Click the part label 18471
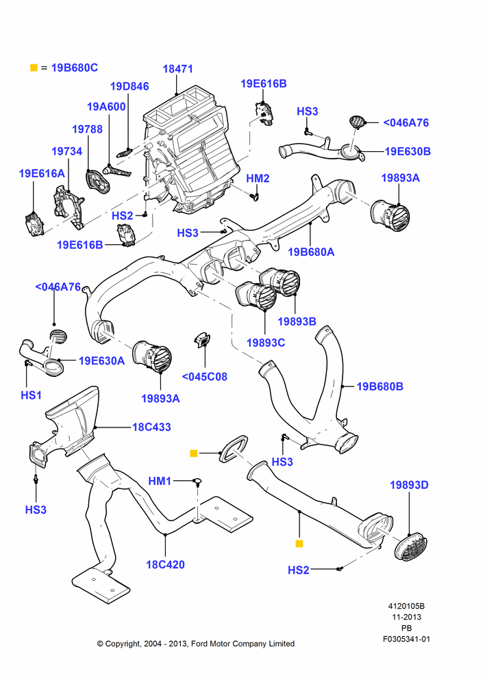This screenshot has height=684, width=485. (x=177, y=69)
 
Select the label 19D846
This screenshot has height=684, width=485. (x=129, y=86)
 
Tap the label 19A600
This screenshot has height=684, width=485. (x=106, y=107)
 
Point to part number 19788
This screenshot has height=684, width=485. (x=88, y=129)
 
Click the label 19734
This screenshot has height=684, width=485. (x=67, y=151)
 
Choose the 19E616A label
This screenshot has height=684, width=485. (x=42, y=174)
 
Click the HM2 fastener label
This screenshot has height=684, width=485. (x=258, y=179)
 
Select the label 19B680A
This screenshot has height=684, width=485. (x=311, y=252)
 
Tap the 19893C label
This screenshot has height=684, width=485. (x=266, y=343)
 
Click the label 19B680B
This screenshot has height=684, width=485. (x=380, y=386)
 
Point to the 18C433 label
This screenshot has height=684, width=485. (x=151, y=427)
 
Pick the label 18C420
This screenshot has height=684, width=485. (x=165, y=564)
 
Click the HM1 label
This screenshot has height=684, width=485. (x=160, y=481)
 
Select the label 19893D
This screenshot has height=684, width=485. (x=409, y=485)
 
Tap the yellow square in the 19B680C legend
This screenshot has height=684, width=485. (x=34, y=68)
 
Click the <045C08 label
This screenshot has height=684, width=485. (x=205, y=376)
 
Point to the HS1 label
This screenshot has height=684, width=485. (x=32, y=395)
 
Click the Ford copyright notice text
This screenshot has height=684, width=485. (x=196, y=644)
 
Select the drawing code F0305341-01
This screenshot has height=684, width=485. (x=406, y=639)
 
